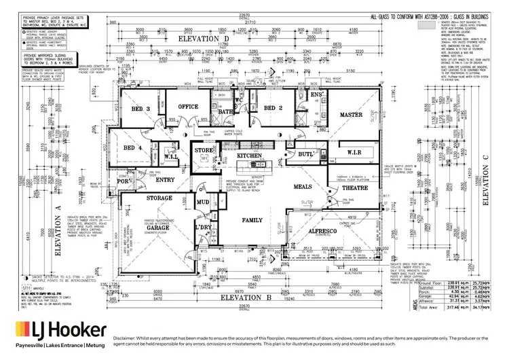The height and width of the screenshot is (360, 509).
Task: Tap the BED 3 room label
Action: [x=140, y=109]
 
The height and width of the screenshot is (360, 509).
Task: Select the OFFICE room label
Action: [x=187, y=107]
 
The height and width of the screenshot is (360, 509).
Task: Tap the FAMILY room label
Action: [x=253, y=221]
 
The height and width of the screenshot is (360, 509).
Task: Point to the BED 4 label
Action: [x=133, y=148]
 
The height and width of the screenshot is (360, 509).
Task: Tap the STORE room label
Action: [x=204, y=150]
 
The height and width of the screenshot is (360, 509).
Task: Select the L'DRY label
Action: [x=204, y=226]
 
